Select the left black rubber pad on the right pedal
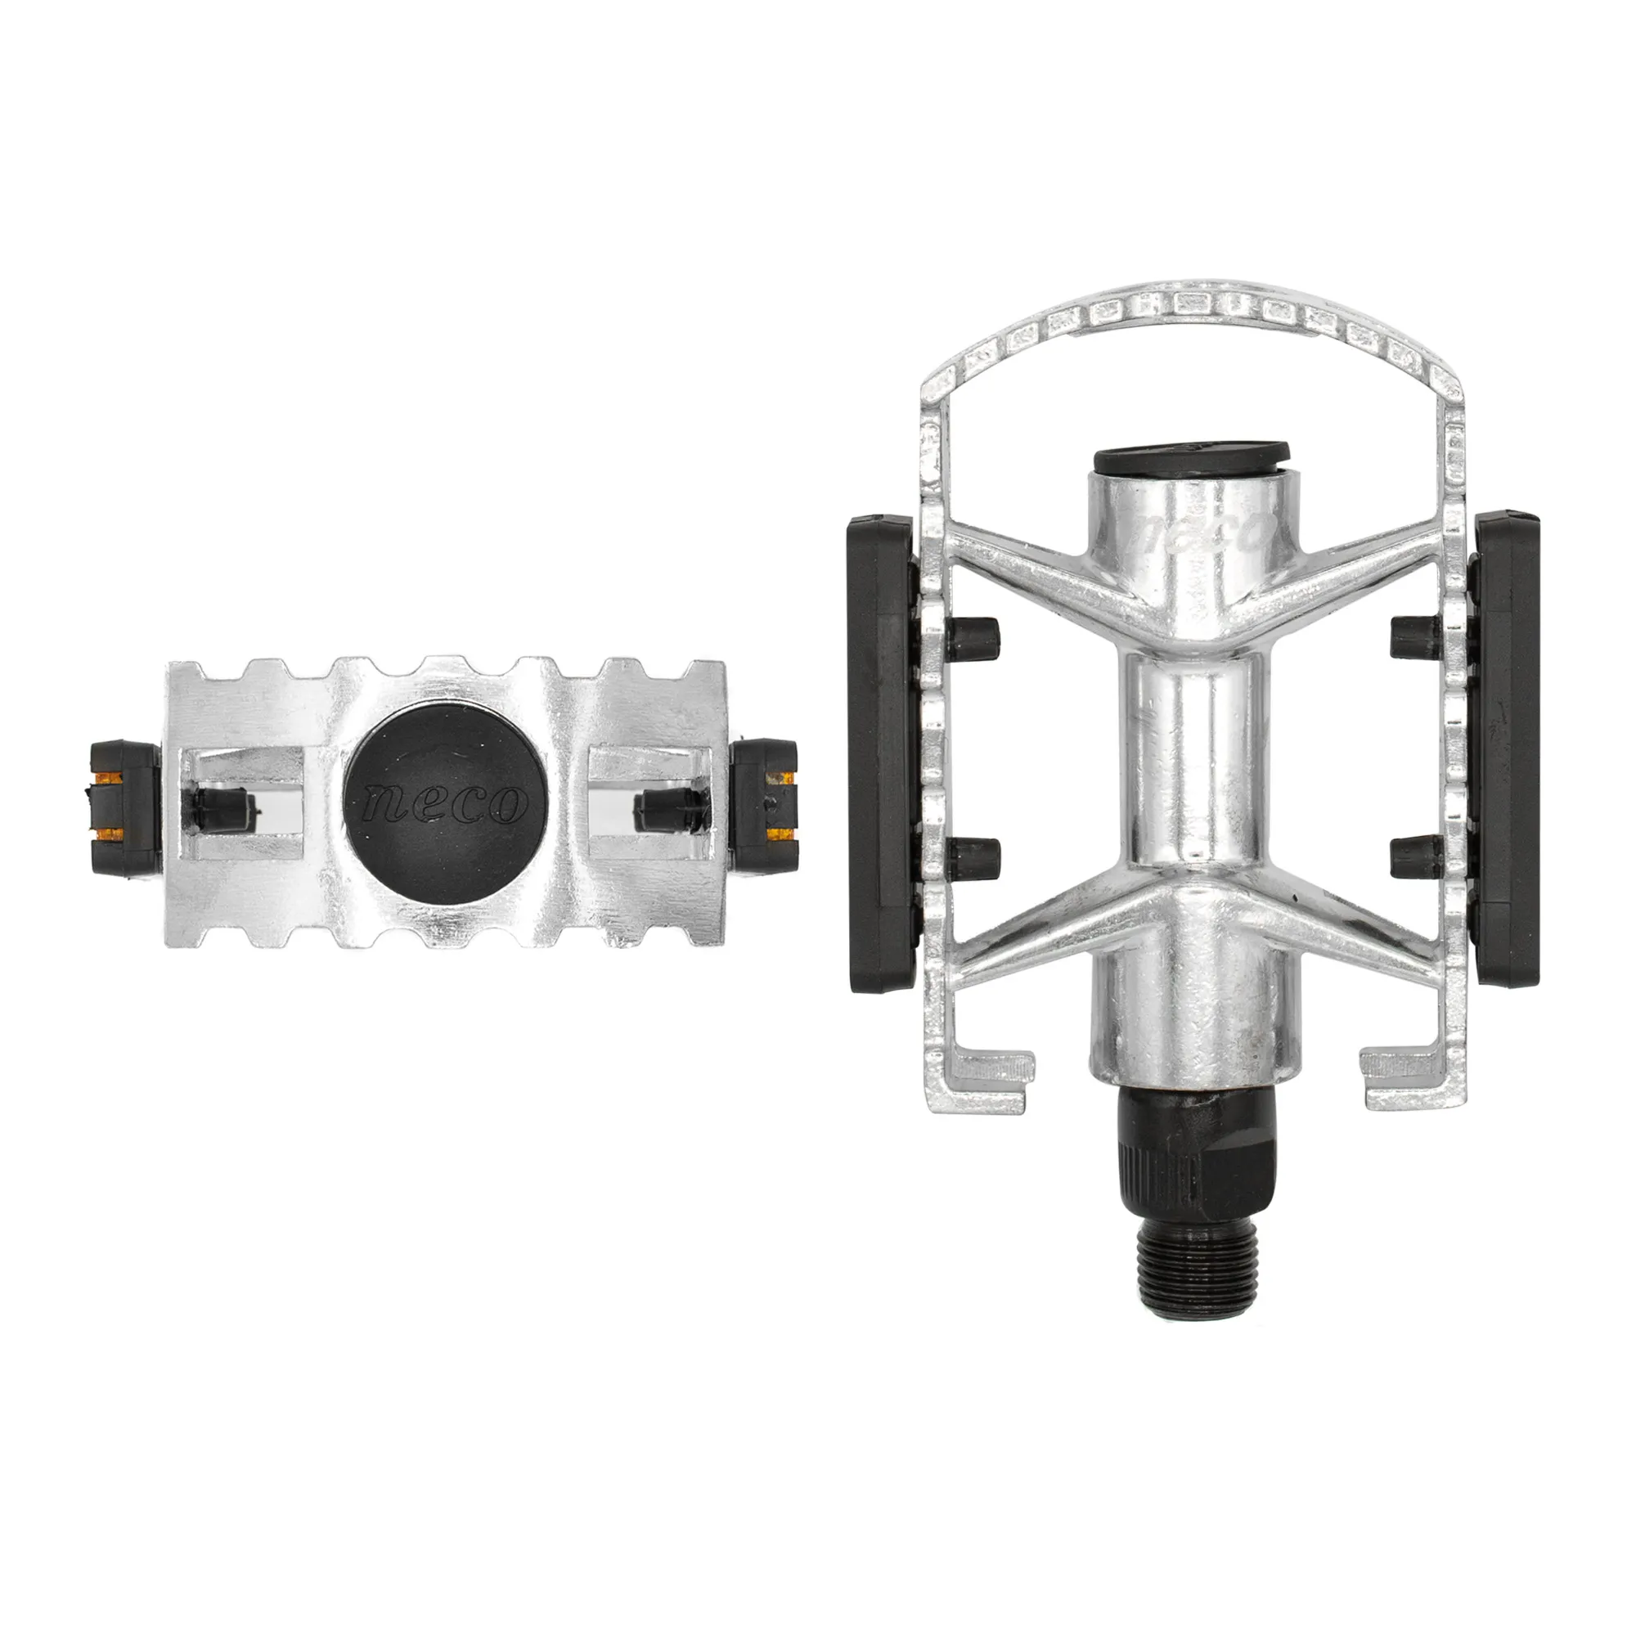(882, 753)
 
